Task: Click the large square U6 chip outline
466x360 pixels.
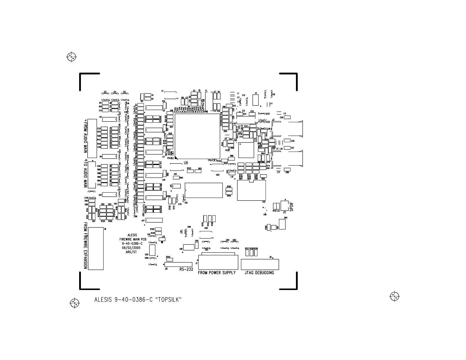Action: [197, 136]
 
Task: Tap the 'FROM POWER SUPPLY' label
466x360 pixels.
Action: [217, 273]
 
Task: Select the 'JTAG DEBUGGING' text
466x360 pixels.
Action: [259, 273]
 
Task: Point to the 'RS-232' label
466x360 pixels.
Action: [186, 269]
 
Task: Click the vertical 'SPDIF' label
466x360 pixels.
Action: [292, 206]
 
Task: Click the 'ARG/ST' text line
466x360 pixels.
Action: [131, 252]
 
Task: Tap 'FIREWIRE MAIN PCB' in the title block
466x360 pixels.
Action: [133, 239]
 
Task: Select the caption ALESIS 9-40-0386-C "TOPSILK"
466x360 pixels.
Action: [138, 300]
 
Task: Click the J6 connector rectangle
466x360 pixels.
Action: [96, 248]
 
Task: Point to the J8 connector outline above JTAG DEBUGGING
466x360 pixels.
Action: [260, 264]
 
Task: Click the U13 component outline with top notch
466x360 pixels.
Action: [252, 190]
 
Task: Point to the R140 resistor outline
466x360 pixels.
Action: [169, 260]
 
